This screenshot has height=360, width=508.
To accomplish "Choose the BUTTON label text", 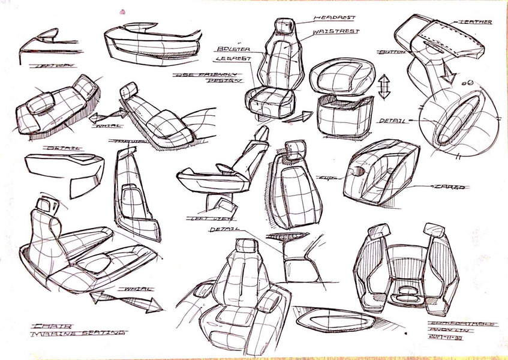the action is click(x=392, y=53).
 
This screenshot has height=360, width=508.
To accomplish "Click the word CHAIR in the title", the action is click(x=47, y=325).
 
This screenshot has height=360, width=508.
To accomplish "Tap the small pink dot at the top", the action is click(x=123, y=11).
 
